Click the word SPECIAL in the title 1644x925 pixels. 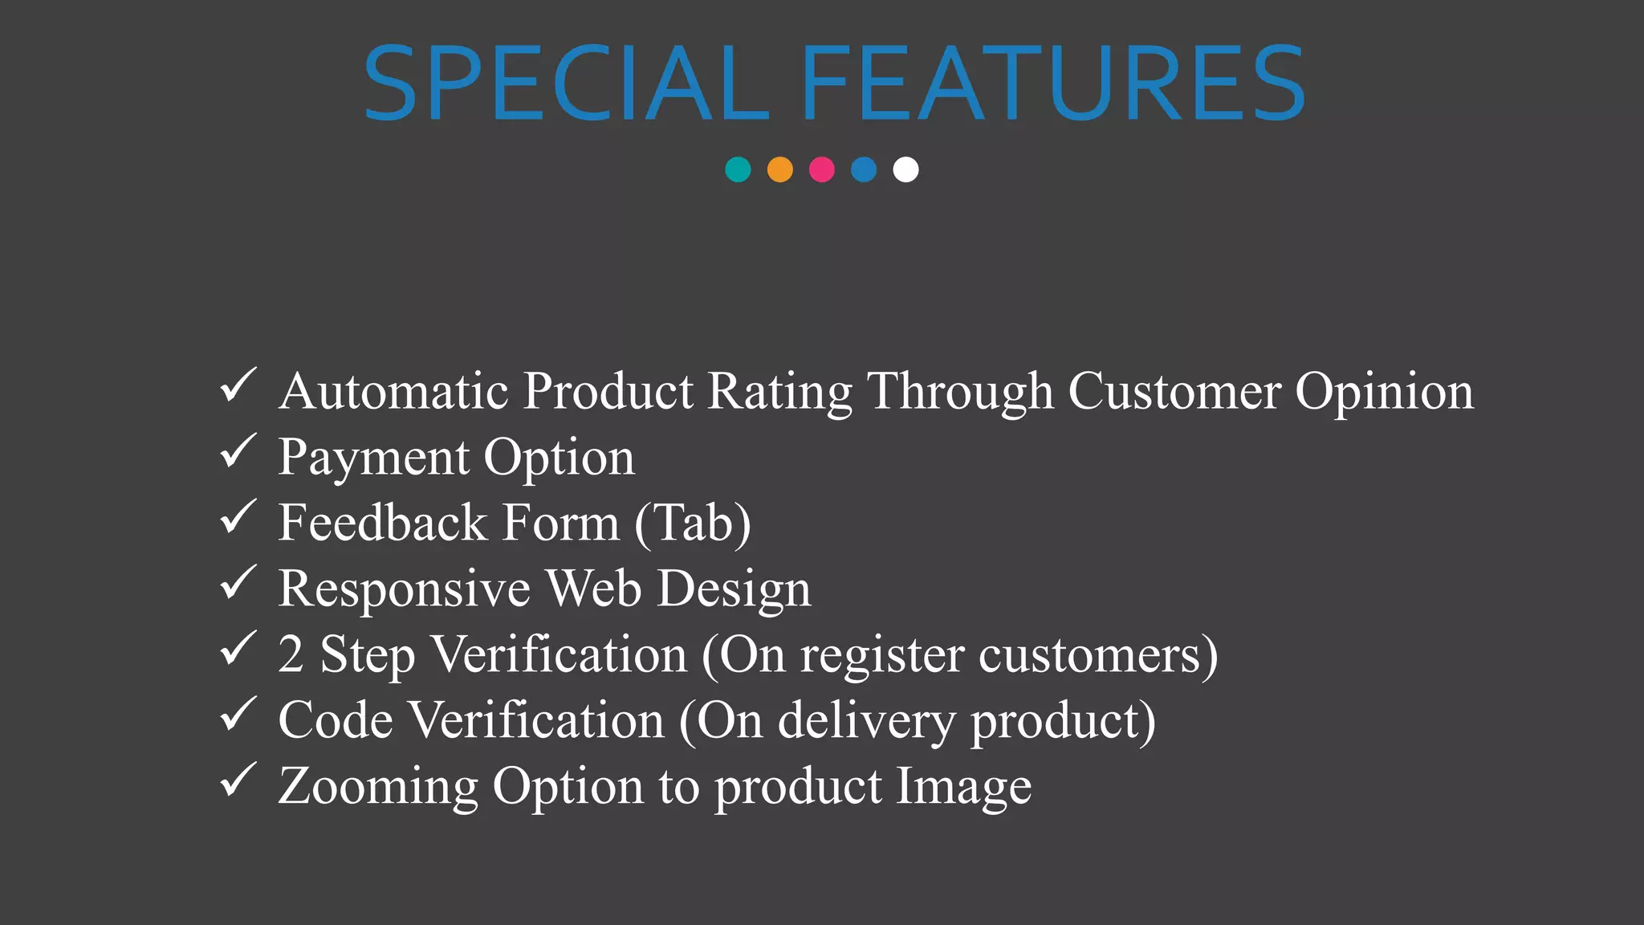(x=566, y=84)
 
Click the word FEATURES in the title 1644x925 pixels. (x=1053, y=84)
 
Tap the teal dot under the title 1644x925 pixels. (x=738, y=169)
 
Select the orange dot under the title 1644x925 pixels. (x=779, y=169)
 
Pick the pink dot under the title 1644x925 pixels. (x=821, y=169)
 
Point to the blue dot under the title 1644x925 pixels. (x=864, y=169)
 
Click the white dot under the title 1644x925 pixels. (x=905, y=169)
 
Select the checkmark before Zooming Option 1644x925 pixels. (x=238, y=780)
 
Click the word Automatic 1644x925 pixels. (x=393, y=391)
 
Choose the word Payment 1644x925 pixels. (x=373, y=458)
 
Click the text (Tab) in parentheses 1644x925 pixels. (x=693, y=524)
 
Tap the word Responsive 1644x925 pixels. (x=404, y=589)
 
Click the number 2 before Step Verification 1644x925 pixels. (x=291, y=654)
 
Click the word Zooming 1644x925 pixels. (x=378, y=787)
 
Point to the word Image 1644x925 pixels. (x=963, y=787)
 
